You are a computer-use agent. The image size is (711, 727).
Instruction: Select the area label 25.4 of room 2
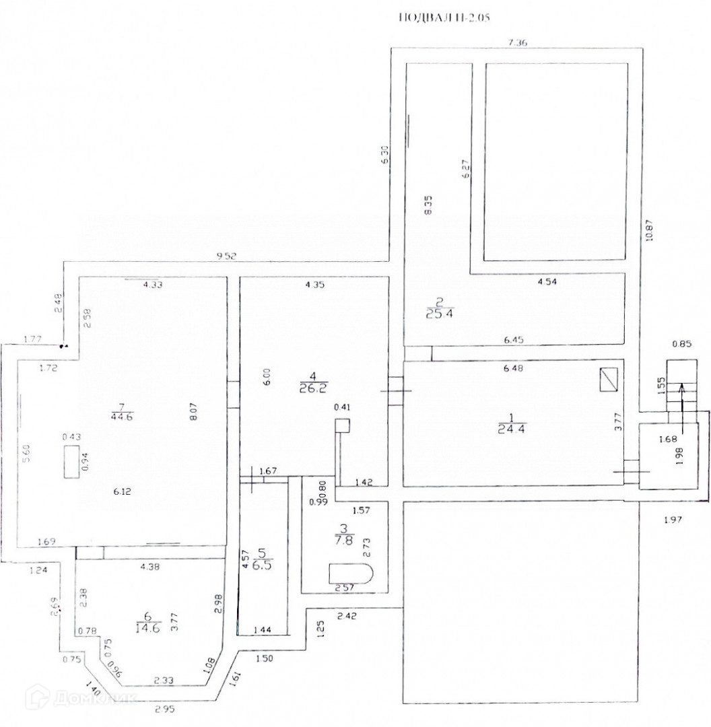440,312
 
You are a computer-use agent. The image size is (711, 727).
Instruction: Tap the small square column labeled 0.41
343,425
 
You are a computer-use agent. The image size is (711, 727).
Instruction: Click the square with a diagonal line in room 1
608,381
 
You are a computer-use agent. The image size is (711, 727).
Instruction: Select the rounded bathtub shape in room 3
350,574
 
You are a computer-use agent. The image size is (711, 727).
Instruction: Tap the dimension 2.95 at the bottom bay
165,709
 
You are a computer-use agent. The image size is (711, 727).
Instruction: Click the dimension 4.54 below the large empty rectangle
549,282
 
